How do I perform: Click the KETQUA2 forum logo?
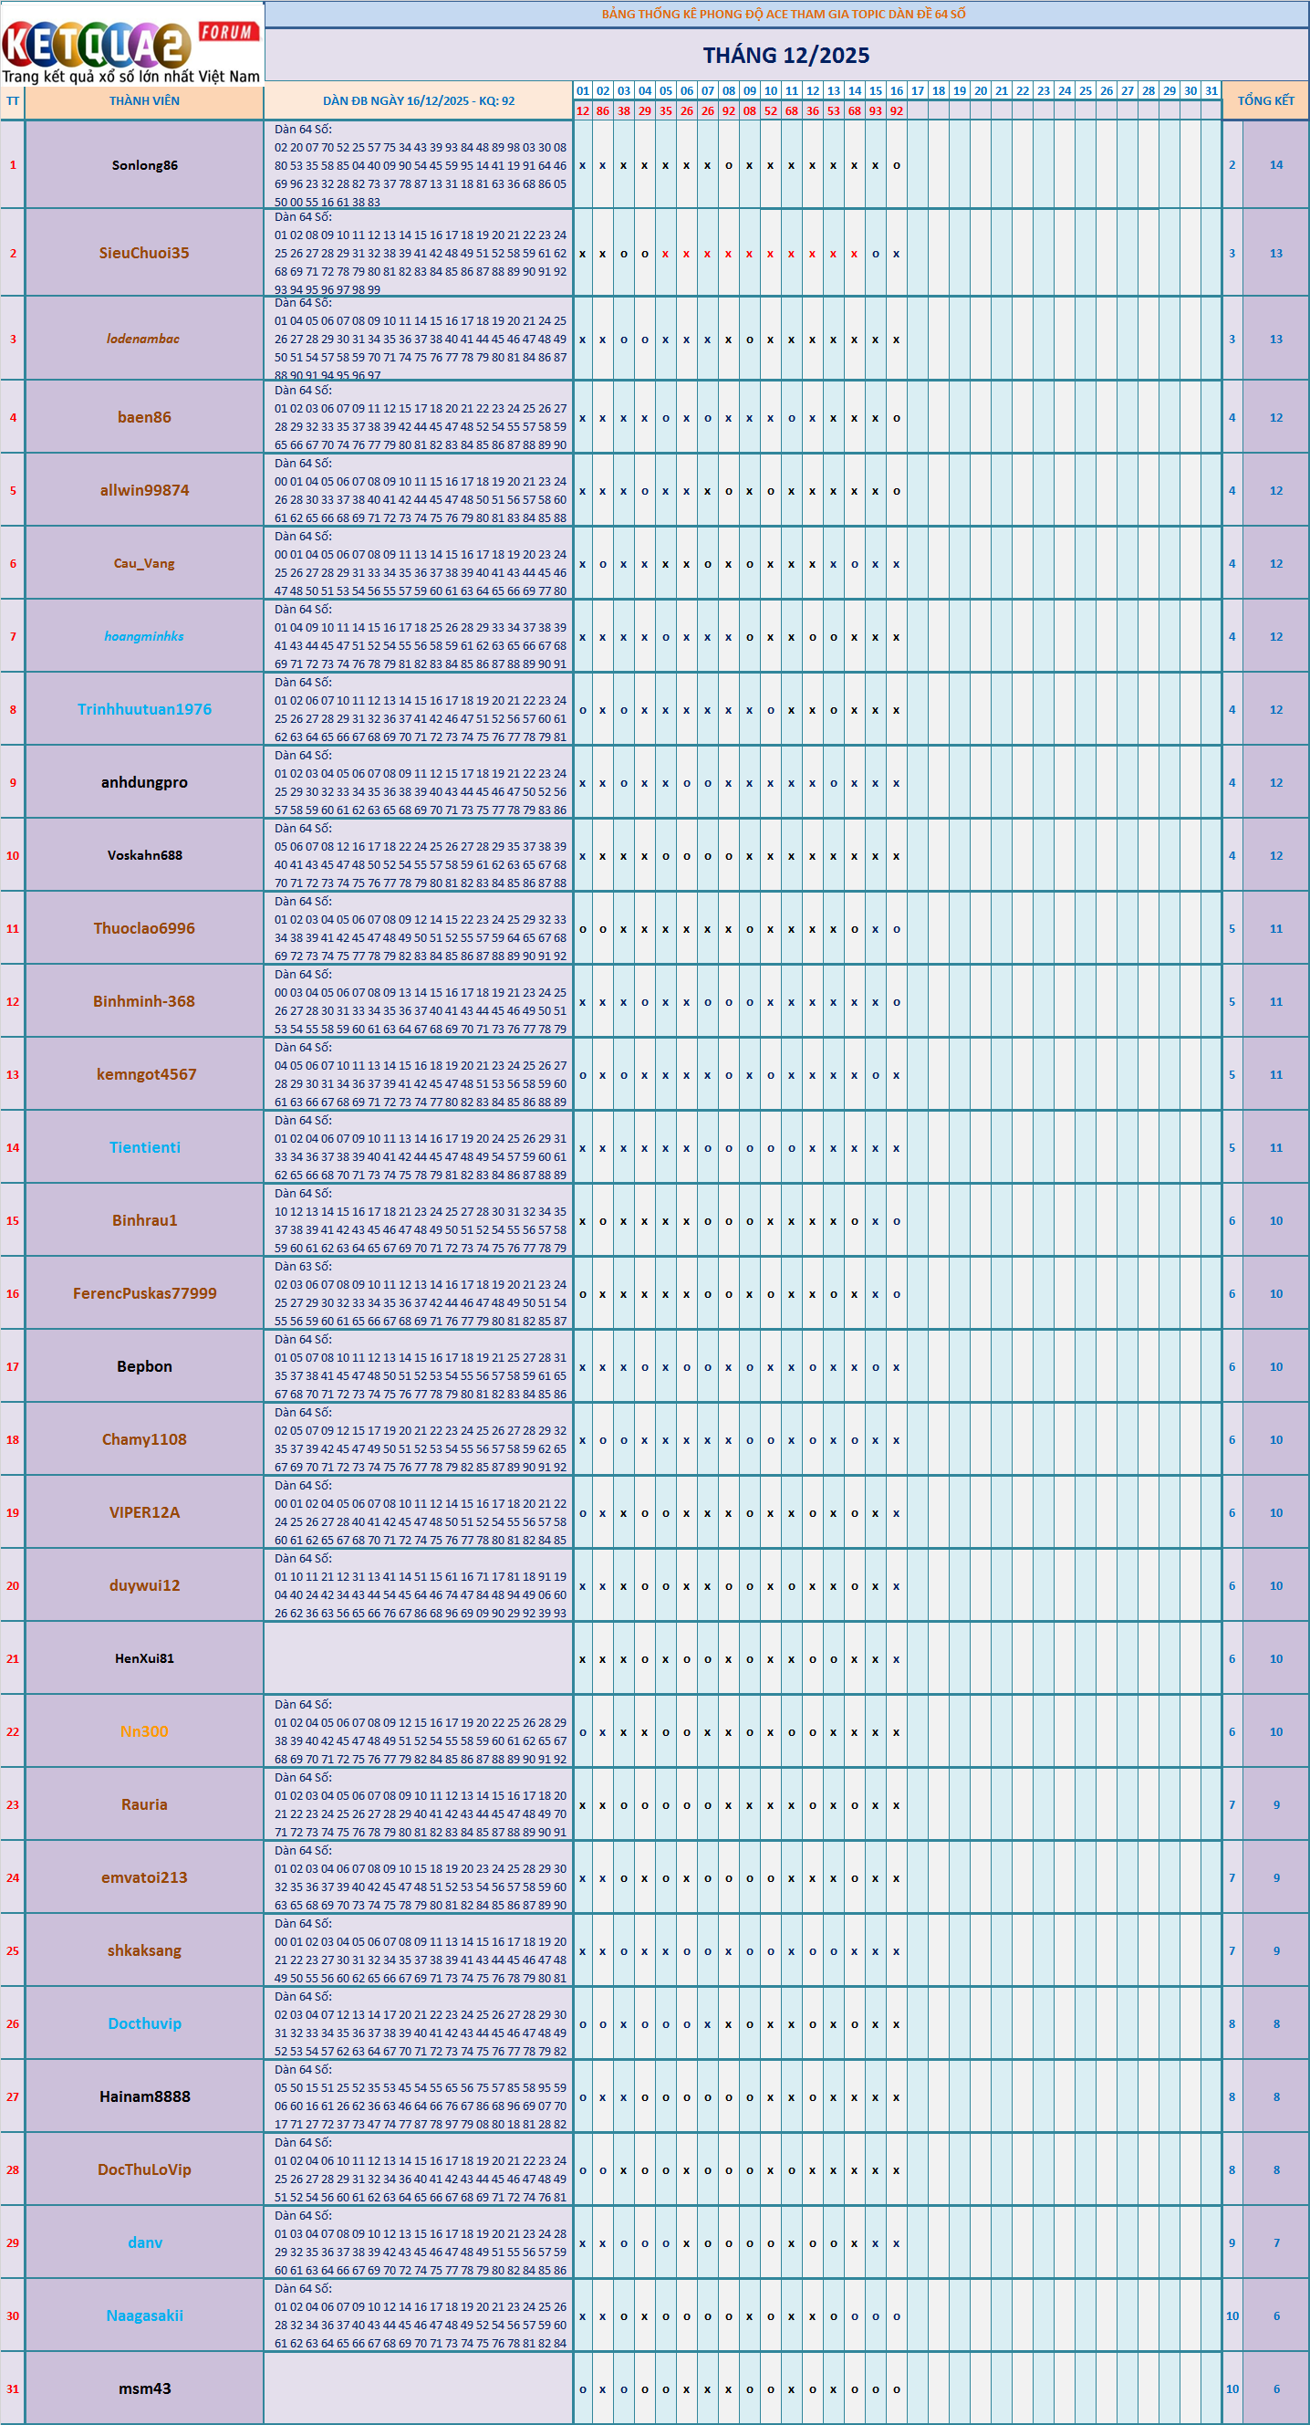tap(130, 43)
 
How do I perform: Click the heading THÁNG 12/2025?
tap(785, 56)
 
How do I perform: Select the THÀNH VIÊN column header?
tap(144, 100)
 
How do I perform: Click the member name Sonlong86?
tap(144, 166)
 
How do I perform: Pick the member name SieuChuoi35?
tap(144, 253)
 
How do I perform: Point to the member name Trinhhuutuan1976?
tap(144, 710)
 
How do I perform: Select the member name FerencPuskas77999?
tap(144, 1293)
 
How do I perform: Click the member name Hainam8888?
tap(144, 2096)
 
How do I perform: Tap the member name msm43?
tap(144, 2388)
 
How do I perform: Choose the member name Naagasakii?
tap(144, 2315)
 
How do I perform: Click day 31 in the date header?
tap(1211, 91)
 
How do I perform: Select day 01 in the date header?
tap(583, 91)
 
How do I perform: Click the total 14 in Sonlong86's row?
tap(1275, 166)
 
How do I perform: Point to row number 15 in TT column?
tap(12, 1221)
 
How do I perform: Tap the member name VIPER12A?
tap(144, 1513)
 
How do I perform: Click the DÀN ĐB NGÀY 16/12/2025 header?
tap(418, 100)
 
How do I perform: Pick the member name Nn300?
tap(144, 1731)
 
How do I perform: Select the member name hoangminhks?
tap(144, 636)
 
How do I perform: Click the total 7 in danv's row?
tap(1276, 2242)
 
